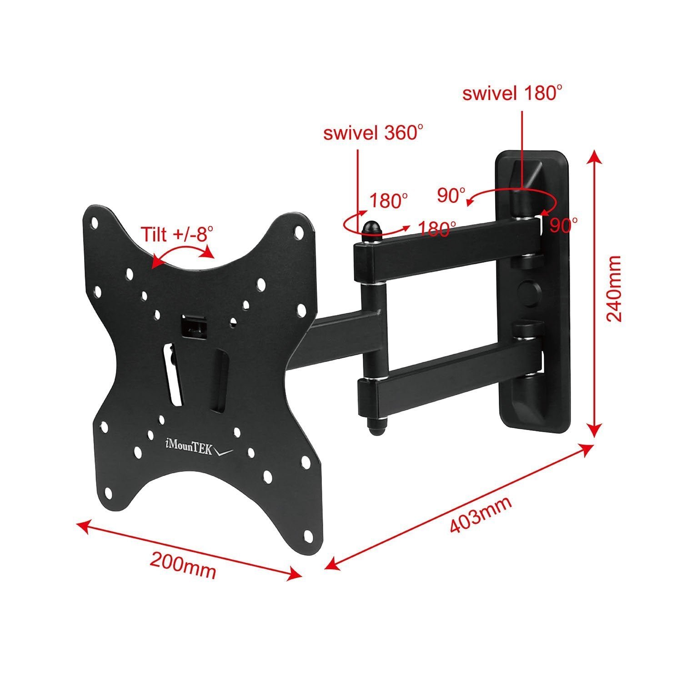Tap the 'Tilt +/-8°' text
tap(176, 234)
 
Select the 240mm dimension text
tap(614, 288)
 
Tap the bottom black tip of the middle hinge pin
tap(377, 428)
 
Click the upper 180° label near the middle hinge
tap(388, 201)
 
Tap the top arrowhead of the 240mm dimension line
tap(594, 157)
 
